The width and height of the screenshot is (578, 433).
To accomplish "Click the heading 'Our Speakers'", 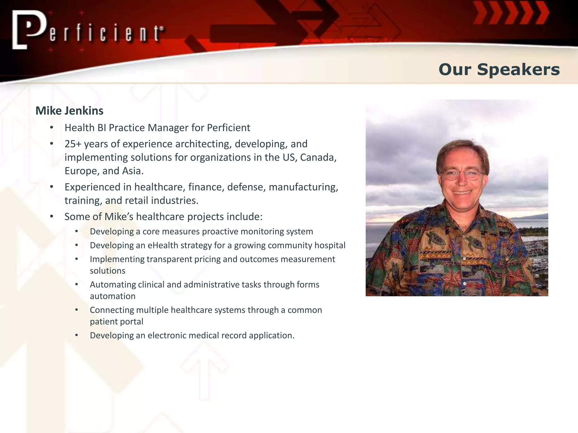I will (499, 70).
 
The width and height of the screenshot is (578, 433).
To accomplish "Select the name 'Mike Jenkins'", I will (69, 111).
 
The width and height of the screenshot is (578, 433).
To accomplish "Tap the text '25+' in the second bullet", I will (73, 144).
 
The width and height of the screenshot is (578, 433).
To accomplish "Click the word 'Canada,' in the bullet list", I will (318, 158).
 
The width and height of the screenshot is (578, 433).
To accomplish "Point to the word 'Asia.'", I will (133, 171).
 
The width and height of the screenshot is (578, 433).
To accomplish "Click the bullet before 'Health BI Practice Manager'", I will (52, 128).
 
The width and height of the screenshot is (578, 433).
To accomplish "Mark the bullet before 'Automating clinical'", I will (77, 285).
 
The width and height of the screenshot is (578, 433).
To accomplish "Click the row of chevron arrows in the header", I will (511, 13).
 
